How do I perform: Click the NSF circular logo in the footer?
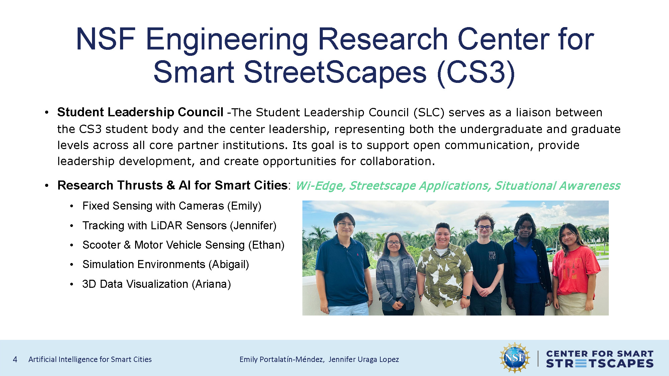(515, 358)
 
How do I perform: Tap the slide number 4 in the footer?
(15, 359)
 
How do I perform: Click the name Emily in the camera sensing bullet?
(244, 206)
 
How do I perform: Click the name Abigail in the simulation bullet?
(229, 264)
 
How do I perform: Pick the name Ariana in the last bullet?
(211, 284)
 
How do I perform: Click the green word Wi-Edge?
(320, 186)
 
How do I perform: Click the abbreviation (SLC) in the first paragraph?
(429, 113)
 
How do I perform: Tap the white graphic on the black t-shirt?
(492, 256)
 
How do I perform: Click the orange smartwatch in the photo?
(468, 297)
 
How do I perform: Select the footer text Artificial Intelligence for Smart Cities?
(90, 359)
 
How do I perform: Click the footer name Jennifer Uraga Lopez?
(364, 359)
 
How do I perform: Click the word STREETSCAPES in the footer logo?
(600, 364)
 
